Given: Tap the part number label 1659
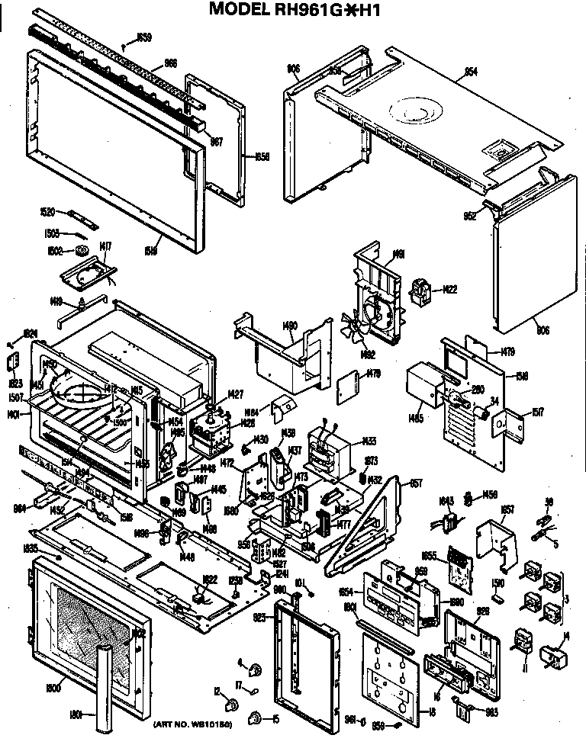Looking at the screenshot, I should point(143,37).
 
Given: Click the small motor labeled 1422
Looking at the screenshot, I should point(420,291).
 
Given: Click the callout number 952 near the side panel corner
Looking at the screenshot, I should point(469,216).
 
